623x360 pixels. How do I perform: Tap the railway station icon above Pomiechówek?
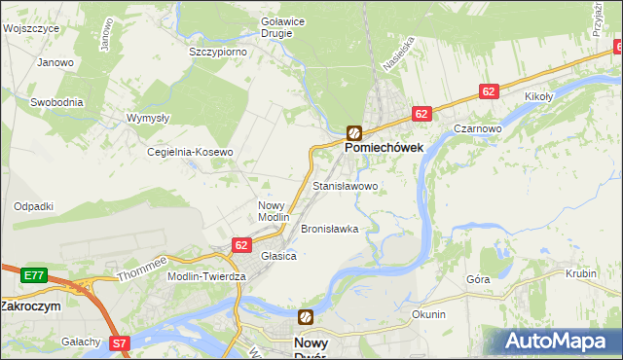point(354,133)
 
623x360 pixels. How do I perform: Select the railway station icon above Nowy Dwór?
point(306,317)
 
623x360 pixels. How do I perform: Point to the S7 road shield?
point(120,342)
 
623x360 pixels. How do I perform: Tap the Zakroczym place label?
point(30,305)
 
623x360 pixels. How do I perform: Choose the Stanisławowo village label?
point(345,185)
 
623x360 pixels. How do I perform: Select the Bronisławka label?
point(329,230)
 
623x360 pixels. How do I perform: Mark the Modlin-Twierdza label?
point(207,276)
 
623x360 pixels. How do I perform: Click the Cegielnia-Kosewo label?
point(190,153)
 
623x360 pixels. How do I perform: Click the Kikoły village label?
point(538,97)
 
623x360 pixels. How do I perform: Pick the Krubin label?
point(580,274)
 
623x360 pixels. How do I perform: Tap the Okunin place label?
point(428,314)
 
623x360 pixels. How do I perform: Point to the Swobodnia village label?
point(56,101)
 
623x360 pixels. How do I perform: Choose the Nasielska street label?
point(393,58)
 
